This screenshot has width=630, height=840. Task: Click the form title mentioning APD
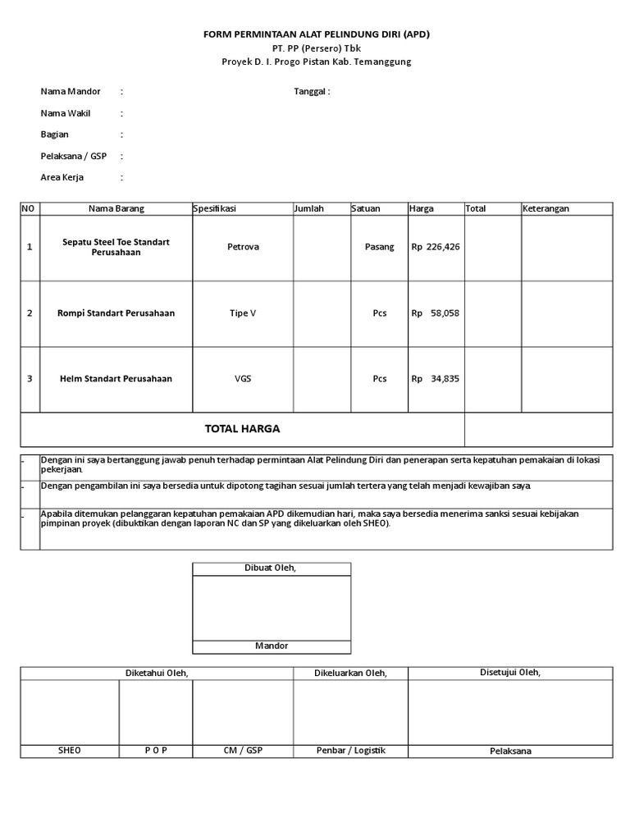pos(317,34)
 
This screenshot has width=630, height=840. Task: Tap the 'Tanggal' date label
pos(312,91)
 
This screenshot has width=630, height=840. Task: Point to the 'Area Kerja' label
pos(62,176)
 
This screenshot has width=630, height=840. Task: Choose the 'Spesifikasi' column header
pos(215,208)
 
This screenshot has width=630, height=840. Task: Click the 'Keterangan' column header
pos(546,208)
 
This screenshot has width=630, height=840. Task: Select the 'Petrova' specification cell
pos(243,247)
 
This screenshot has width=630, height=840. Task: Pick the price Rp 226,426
pos(436,247)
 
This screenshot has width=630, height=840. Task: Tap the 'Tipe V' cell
pos(243,313)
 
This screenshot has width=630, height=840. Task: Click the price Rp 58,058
pos(436,313)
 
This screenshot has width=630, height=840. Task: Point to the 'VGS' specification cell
pos(243,379)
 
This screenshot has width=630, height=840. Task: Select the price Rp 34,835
pos(436,379)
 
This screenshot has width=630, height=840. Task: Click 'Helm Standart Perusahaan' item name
pos(116,379)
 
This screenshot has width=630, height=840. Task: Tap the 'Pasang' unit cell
pos(379,247)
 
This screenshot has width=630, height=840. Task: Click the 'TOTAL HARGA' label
pos(242,429)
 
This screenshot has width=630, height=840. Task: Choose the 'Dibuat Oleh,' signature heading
pos(271,568)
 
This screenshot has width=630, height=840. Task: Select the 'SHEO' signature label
pos(70,750)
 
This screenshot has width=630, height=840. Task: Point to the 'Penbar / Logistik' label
pos(350,750)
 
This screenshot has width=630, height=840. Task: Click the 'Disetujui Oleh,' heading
pos(510,673)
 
